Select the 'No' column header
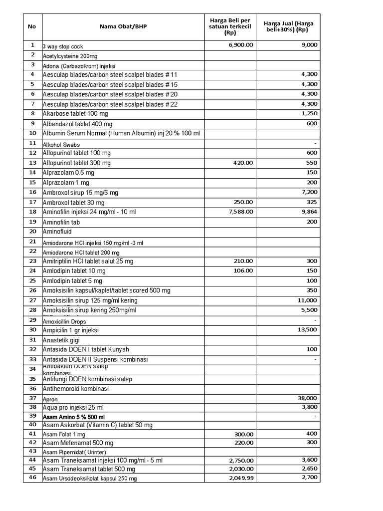click(x=32, y=27)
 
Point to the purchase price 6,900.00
click(x=240, y=45)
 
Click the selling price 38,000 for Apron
click(x=307, y=398)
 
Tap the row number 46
click(x=33, y=478)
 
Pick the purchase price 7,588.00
click(x=240, y=212)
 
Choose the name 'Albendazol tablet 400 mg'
click(x=77, y=124)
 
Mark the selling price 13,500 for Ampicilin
click(x=307, y=330)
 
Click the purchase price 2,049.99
click(x=240, y=478)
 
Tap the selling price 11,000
click(x=307, y=300)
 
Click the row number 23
click(x=33, y=261)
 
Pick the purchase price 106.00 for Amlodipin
click(x=243, y=271)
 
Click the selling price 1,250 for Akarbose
click(x=309, y=114)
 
